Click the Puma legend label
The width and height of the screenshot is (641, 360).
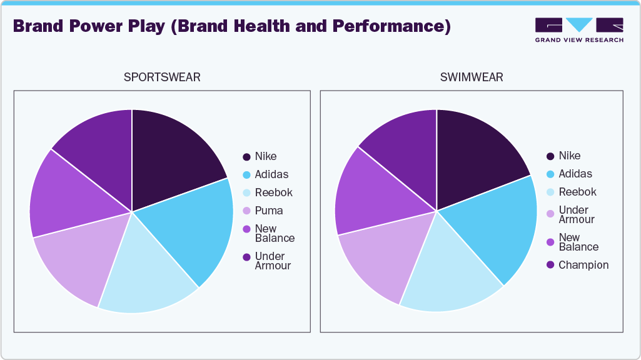point(269,211)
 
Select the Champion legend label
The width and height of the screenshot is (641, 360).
point(583,265)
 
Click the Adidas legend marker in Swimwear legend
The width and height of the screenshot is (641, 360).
point(550,174)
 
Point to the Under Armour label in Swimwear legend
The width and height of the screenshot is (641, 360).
point(574,214)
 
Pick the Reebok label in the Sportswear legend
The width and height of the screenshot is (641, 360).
point(273,192)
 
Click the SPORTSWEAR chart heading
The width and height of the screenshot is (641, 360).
point(162,77)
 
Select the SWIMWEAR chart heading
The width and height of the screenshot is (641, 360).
point(472,77)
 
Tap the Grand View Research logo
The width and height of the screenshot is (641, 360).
point(578,30)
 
